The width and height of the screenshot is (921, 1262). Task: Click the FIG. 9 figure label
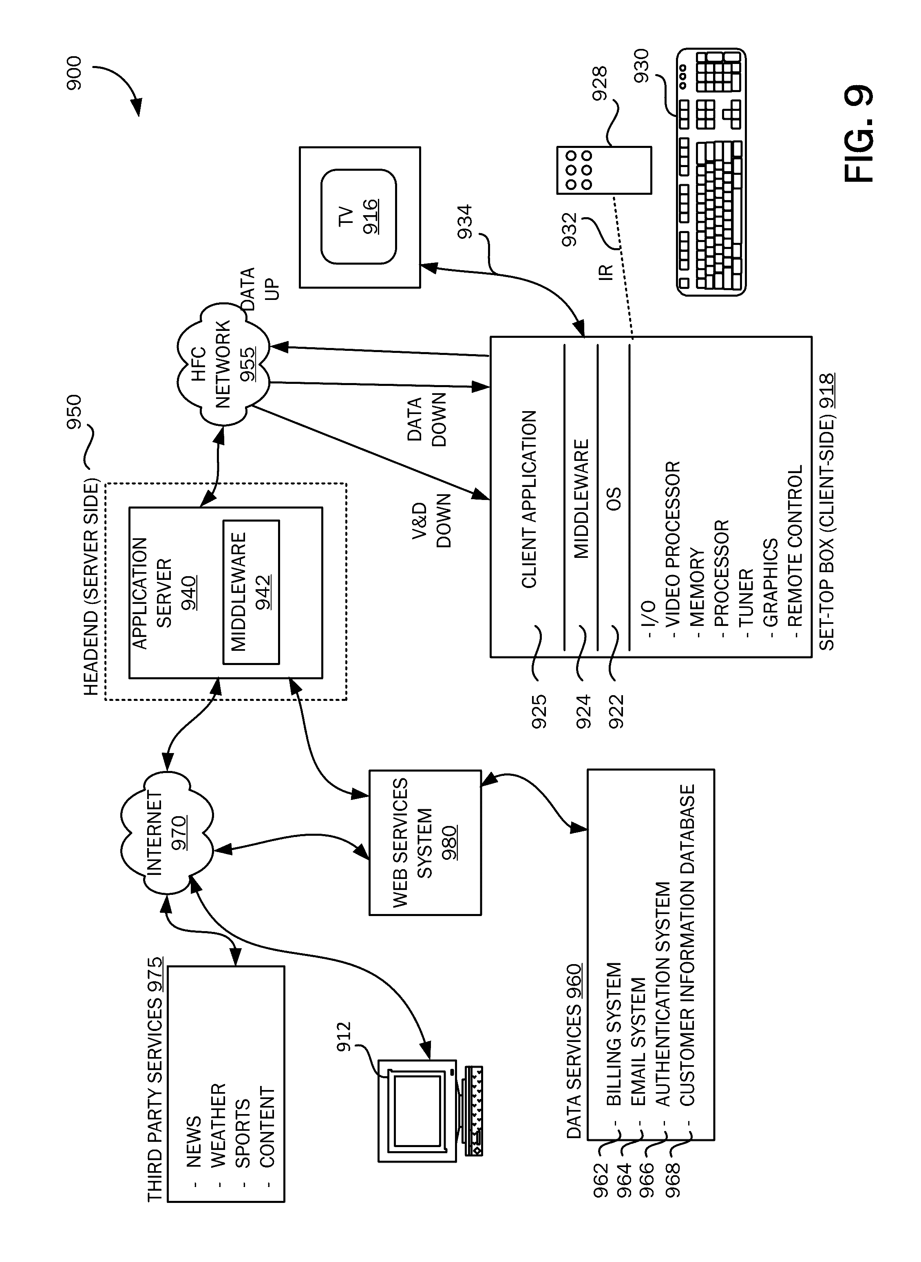point(859,134)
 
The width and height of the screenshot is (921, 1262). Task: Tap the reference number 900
point(74,73)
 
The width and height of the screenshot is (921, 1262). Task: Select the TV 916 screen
point(358,216)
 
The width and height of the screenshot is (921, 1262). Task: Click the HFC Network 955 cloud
point(223,363)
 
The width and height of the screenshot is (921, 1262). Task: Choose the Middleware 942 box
point(251,592)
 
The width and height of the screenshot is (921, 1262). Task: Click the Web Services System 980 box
point(425,842)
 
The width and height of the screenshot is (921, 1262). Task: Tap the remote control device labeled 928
point(604,170)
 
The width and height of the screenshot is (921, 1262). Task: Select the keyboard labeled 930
point(711,172)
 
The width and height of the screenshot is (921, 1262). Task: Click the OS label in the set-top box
point(613,499)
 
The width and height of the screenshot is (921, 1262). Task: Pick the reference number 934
point(465,222)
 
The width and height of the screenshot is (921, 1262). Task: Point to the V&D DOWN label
point(432,520)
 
